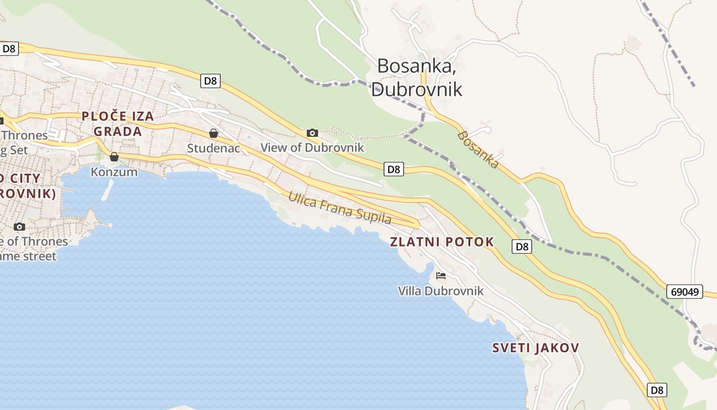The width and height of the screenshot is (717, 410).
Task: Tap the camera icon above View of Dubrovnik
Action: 312,133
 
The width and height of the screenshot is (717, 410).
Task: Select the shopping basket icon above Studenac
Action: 214,134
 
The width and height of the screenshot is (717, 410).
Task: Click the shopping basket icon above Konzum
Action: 114,157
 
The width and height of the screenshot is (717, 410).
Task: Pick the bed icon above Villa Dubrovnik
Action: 441,276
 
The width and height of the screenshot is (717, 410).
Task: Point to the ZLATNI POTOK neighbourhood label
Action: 442,242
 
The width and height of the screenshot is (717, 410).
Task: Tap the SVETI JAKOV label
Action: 535,348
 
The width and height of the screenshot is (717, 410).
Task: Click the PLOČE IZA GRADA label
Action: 118,124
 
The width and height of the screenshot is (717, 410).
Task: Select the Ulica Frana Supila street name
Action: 340,208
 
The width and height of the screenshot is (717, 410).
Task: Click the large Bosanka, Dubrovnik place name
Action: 416,77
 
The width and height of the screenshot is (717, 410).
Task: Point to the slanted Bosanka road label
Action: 477,150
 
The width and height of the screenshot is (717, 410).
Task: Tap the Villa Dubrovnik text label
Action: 441,291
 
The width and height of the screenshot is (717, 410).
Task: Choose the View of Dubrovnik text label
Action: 312,148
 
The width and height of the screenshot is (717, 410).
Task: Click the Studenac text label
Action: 214,148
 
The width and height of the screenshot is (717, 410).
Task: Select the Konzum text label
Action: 114,172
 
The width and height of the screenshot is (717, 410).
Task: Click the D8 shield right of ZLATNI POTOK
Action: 521,247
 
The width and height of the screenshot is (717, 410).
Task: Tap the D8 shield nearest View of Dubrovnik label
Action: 393,169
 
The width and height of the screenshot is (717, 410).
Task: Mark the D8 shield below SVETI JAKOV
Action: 657,390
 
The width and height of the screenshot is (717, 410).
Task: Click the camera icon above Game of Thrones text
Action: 19,227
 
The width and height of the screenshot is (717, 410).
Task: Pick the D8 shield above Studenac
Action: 210,80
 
